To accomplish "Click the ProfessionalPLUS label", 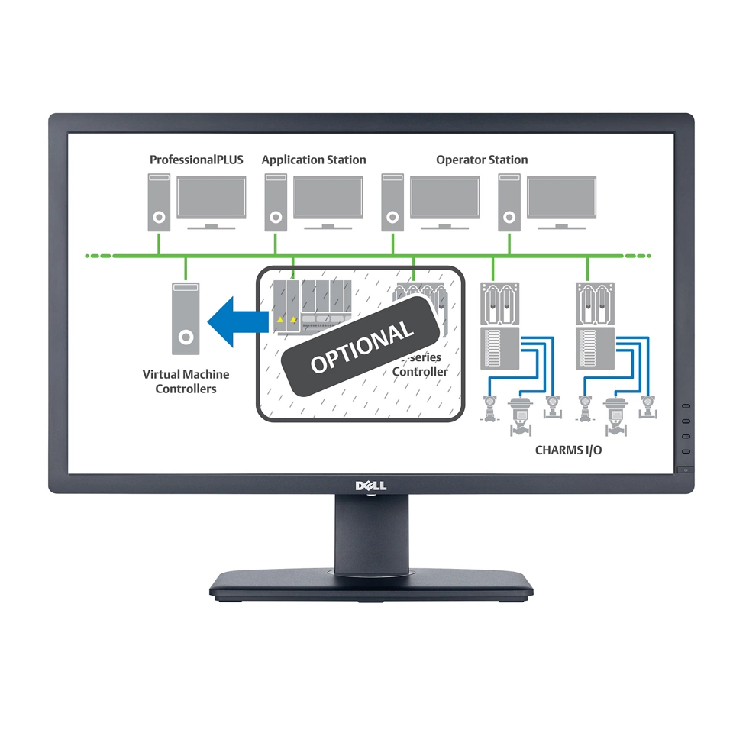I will click(x=196, y=160).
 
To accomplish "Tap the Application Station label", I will click(x=314, y=160).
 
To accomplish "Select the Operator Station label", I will click(x=482, y=160).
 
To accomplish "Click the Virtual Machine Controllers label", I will click(x=186, y=382).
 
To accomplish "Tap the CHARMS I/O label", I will click(x=568, y=450).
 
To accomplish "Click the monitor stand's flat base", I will click(x=370, y=584).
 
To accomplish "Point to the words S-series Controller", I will click(x=421, y=365).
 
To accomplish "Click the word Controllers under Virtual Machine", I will click(x=186, y=389).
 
